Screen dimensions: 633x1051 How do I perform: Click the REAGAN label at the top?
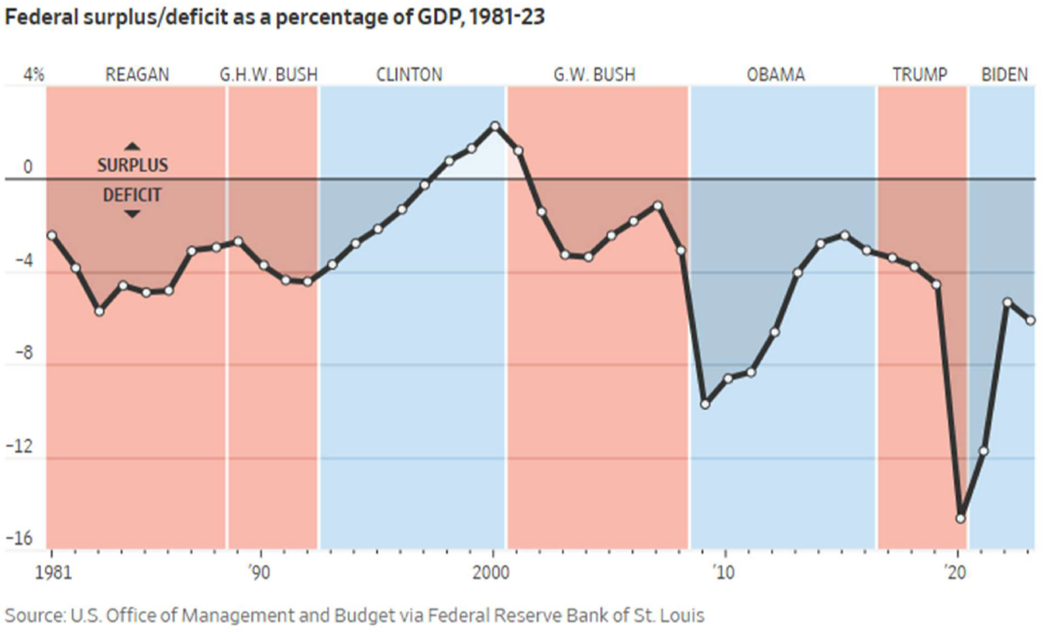pyautogui.click(x=137, y=75)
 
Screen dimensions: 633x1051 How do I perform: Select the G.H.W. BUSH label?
pyautogui.click(x=268, y=75)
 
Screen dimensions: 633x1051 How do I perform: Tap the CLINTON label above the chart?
pyautogui.click(x=409, y=75)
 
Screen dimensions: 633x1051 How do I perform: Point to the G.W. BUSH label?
pyautogui.click(x=594, y=75)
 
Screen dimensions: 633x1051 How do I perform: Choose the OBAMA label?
pyautogui.click(x=776, y=75)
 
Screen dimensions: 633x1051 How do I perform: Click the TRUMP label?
pyautogui.click(x=920, y=75)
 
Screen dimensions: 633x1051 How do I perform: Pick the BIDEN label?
pyautogui.click(x=1004, y=75)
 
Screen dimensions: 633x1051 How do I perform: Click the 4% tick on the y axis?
pyautogui.click(x=33, y=76)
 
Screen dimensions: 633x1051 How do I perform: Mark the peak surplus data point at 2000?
pyautogui.click(x=494, y=126)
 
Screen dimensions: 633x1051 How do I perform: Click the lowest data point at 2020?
pyautogui.click(x=961, y=518)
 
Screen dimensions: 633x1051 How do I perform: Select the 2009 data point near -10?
pyautogui.click(x=705, y=404)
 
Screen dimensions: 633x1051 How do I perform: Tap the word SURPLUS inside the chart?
pyautogui.click(x=133, y=165)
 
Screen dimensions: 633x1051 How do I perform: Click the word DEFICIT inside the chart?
pyautogui.click(x=133, y=194)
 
